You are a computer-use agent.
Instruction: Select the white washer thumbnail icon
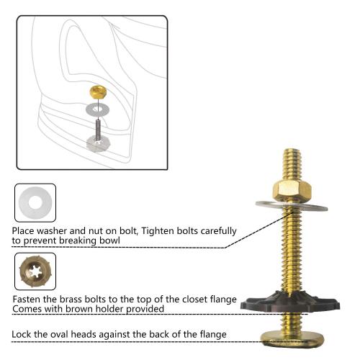[x=35, y=203]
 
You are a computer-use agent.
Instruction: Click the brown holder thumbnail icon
[x=35, y=271]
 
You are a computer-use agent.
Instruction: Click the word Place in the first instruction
[x=25, y=231]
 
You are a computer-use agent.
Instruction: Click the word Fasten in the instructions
[x=30, y=299]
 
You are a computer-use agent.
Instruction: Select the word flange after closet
[x=220, y=299]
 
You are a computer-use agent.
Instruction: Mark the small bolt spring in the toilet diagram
[x=95, y=127]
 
